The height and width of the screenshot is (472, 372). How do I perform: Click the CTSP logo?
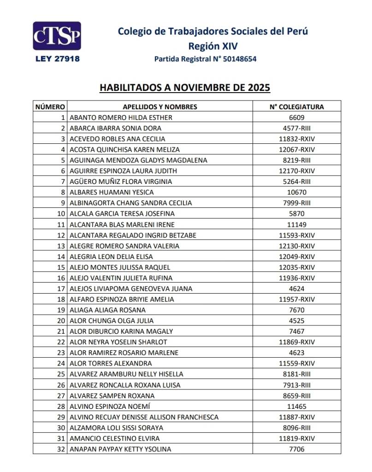(57, 36)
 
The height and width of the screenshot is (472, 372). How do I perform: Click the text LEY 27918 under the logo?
(57, 59)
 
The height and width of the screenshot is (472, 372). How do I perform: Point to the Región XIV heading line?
(213, 46)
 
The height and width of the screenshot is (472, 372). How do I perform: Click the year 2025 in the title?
(254, 88)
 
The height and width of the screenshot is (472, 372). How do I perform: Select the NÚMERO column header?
(50, 107)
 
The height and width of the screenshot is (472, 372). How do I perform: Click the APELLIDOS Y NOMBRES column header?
(159, 107)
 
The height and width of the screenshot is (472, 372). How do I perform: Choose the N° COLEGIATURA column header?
(296, 107)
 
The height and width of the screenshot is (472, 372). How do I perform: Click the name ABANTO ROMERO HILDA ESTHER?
(121, 118)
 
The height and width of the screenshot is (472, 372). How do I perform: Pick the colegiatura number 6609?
(296, 118)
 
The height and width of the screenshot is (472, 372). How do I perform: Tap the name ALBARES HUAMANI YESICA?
(112, 192)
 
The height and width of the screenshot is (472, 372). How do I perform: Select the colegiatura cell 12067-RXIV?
(296, 149)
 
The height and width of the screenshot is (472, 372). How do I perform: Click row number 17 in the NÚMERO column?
(60, 289)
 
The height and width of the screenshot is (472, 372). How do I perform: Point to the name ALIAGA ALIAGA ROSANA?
(107, 310)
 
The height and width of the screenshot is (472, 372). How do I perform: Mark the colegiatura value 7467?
(296, 331)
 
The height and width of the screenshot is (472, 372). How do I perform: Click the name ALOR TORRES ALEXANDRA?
(111, 363)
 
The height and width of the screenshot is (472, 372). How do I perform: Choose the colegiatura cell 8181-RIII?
(296, 374)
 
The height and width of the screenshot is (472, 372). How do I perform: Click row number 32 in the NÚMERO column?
(60, 449)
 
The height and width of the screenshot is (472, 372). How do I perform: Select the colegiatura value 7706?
(296, 449)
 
